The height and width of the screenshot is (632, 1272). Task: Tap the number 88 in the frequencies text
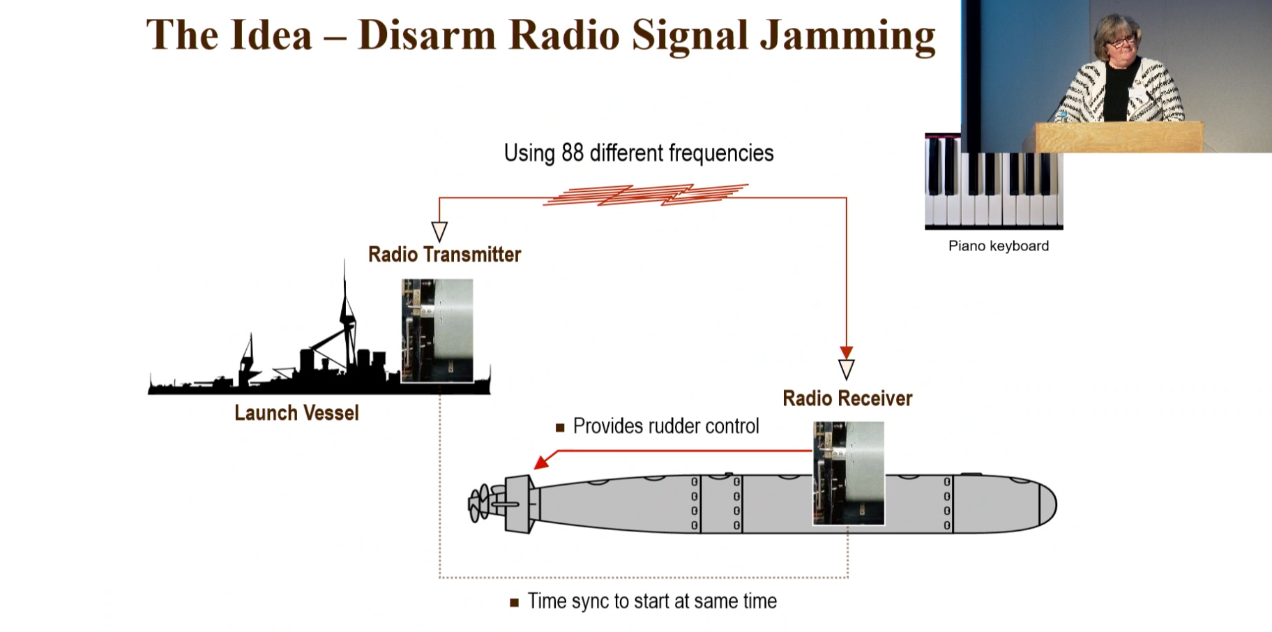click(x=573, y=153)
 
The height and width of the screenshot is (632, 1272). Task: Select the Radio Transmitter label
click(x=444, y=255)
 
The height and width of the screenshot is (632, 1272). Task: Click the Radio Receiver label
click(x=847, y=398)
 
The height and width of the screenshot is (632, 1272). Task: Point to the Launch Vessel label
click(x=296, y=413)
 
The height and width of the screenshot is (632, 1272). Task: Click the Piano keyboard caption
click(x=999, y=246)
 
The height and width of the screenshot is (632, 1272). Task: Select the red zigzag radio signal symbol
click(x=645, y=195)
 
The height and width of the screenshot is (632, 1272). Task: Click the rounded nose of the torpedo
click(x=1048, y=504)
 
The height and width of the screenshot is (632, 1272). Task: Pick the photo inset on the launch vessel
click(x=437, y=331)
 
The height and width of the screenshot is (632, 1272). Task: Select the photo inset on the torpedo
click(x=849, y=473)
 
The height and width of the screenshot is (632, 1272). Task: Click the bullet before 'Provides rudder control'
click(x=559, y=428)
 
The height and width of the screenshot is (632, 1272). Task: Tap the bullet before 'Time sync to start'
click(x=514, y=603)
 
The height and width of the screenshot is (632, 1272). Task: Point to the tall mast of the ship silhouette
click(x=345, y=307)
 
